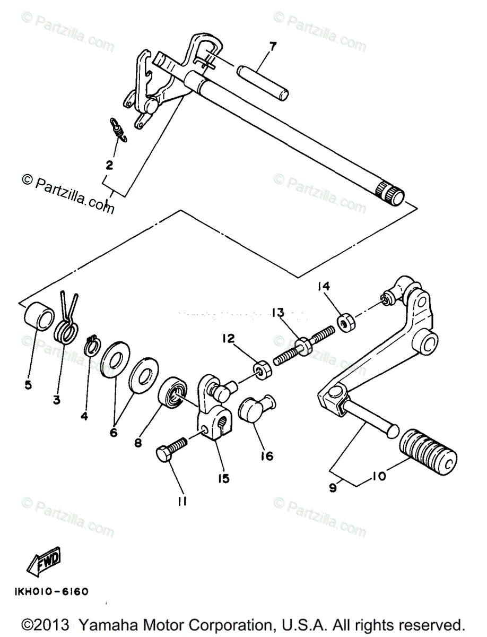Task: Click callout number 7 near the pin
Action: tap(272, 46)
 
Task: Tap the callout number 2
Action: tap(109, 165)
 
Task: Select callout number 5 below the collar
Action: tap(28, 384)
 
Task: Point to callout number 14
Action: tap(324, 287)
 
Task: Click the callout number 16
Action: tap(267, 456)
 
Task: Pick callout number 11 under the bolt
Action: tap(182, 501)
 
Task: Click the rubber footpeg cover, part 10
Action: tap(428, 449)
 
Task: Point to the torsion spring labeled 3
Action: tap(67, 326)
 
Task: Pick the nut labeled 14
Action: tap(346, 322)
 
